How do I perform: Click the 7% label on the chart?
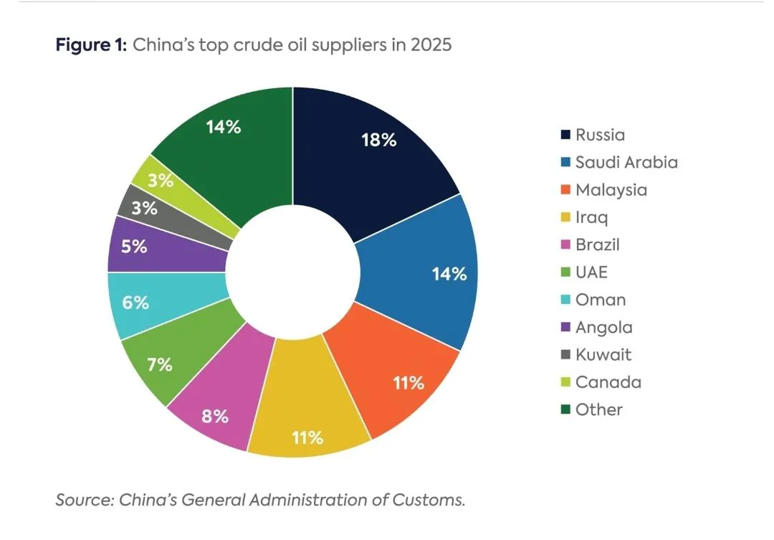point(160,364)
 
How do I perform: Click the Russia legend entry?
point(600,135)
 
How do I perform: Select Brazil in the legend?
point(597,245)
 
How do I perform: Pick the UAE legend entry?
point(591,273)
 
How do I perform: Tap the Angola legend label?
point(603,327)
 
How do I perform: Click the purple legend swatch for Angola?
point(565,328)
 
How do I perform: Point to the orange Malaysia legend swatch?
point(565,190)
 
